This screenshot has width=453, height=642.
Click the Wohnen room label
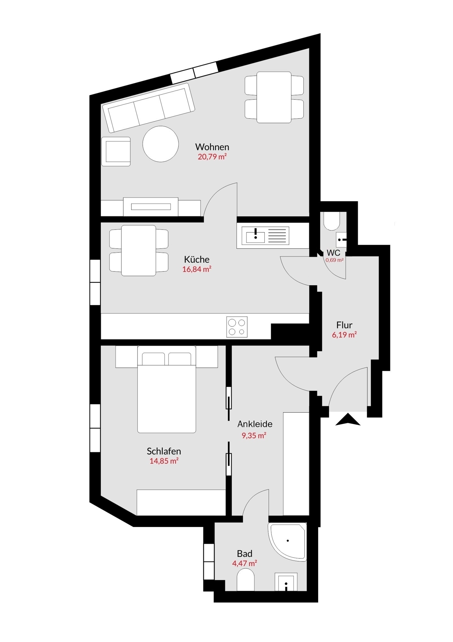[x=212, y=147]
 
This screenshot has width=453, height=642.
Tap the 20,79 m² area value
[x=212, y=156]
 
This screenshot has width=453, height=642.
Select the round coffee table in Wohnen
[x=161, y=144]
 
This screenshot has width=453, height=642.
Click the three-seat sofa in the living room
[x=149, y=108]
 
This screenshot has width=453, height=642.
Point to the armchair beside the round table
[x=116, y=151]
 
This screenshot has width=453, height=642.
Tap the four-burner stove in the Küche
[x=237, y=327]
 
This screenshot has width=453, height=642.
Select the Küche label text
[x=197, y=259]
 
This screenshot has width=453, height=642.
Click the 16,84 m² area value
[x=197, y=269]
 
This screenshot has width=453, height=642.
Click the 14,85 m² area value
[x=164, y=461]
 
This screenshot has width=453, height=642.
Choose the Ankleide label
[x=255, y=424]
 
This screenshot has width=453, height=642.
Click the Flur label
[x=344, y=325]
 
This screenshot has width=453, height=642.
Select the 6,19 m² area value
[x=344, y=335]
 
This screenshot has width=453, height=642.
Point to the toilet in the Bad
[x=245, y=580]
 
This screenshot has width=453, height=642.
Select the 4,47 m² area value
[x=244, y=563]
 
